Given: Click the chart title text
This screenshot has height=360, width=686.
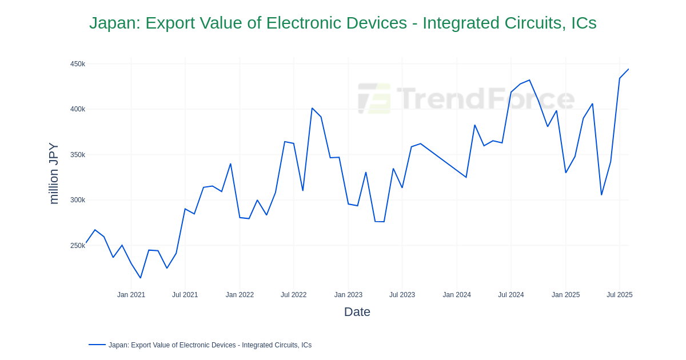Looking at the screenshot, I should [x=342, y=23].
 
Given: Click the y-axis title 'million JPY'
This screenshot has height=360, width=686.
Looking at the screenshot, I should [x=53, y=173].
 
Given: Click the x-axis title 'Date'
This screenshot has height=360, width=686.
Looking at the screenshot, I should [x=357, y=312].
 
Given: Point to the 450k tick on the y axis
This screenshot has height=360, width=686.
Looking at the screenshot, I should [x=78, y=64].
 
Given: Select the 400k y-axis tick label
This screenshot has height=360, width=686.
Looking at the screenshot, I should [x=78, y=109].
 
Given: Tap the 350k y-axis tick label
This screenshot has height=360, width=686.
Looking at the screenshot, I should [x=78, y=155].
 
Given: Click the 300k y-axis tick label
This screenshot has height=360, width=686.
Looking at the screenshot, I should [x=78, y=200].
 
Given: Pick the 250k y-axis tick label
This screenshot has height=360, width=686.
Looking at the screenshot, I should [x=78, y=246].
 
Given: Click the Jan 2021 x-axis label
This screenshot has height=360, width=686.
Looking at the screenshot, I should [x=131, y=295].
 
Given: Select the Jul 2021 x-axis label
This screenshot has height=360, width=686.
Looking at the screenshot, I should [x=185, y=295].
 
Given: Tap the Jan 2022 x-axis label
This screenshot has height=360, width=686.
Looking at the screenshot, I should [x=240, y=295].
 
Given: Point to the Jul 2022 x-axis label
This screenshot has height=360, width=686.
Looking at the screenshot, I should [x=293, y=295].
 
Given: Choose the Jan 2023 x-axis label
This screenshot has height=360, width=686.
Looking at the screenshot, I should [x=348, y=295].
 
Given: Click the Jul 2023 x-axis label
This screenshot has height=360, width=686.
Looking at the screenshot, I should [x=402, y=295].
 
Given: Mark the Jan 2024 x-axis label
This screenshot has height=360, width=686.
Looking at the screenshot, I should [x=457, y=295].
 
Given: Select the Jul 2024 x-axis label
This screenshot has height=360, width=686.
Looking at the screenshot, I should [x=510, y=295].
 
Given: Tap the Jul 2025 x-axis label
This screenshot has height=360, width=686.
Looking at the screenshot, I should [x=619, y=295].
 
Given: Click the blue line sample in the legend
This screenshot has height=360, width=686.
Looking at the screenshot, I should [x=97, y=345].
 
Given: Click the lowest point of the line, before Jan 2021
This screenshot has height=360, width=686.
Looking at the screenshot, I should [x=141, y=278].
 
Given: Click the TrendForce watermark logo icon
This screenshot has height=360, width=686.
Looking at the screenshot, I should [x=374, y=98].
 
